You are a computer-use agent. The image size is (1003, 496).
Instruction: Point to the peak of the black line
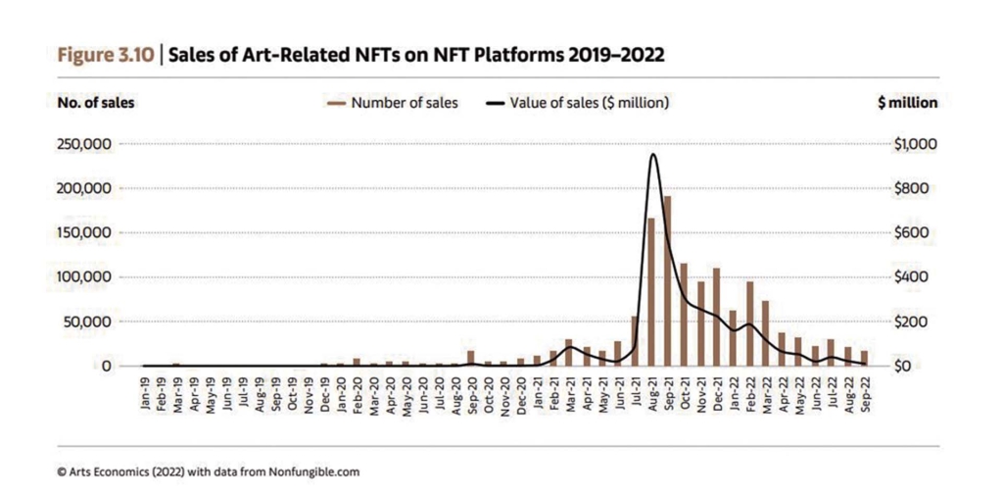(x=653, y=154)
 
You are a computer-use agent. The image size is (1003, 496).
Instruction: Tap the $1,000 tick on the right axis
(x=916, y=144)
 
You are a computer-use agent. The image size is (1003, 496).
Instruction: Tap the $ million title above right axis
(x=908, y=102)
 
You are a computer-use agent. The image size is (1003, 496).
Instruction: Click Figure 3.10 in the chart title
(x=105, y=55)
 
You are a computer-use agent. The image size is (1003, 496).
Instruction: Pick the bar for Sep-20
(x=471, y=358)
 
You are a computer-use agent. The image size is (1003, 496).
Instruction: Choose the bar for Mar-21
(x=569, y=353)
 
